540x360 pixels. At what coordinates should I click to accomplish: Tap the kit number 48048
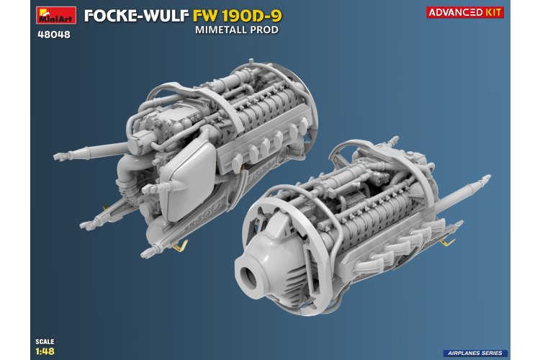(x=53, y=33)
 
